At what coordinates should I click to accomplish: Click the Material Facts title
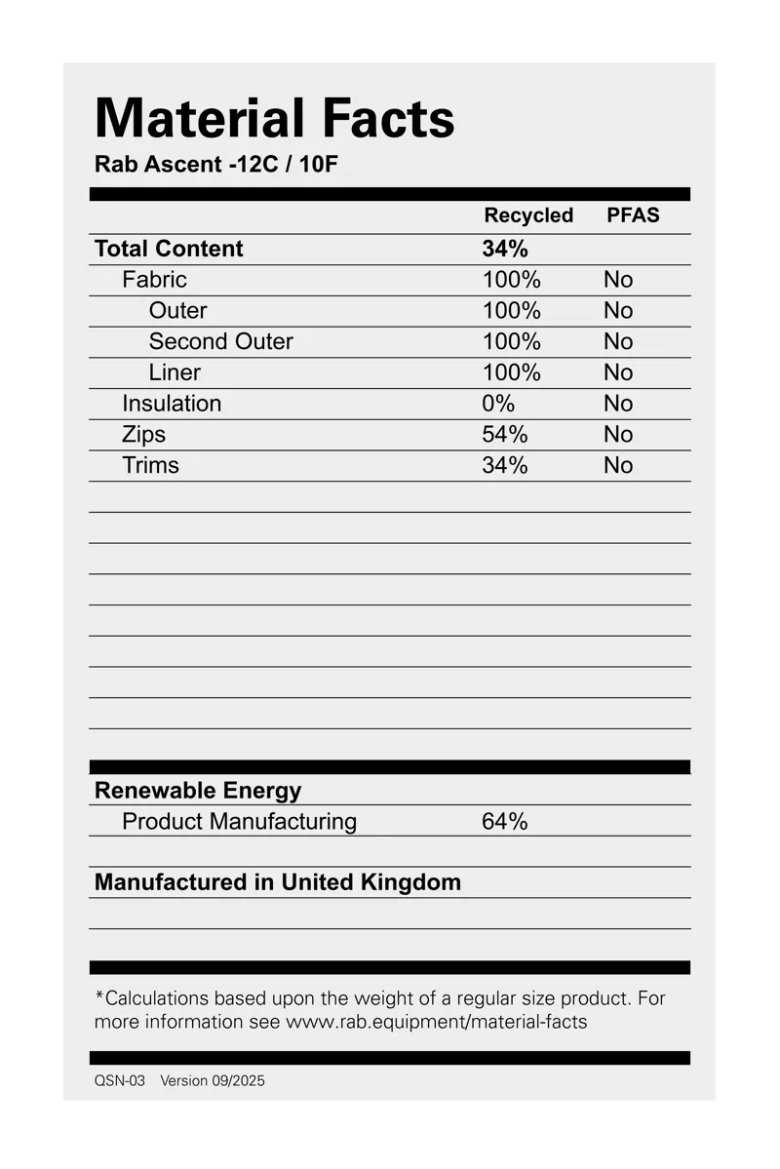(x=274, y=119)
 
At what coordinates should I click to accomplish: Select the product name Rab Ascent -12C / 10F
(x=215, y=164)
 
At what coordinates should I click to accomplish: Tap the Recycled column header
(x=528, y=215)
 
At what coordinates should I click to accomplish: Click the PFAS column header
(x=633, y=215)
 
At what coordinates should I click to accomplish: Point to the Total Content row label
(x=169, y=249)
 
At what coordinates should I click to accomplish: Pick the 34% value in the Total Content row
(x=505, y=249)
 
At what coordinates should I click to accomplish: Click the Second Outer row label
(x=220, y=341)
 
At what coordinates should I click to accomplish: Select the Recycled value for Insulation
(x=498, y=404)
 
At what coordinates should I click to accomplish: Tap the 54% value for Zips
(x=505, y=435)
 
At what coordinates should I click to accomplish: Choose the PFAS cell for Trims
(x=618, y=466)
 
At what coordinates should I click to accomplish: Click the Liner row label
(x=175, y=372)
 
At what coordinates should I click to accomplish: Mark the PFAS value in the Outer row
(x=618, y=311)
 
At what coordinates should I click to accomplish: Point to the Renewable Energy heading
(x=198, y=791)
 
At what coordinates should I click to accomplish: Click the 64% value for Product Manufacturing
(x=505, y=822)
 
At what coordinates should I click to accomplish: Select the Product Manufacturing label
(x=239, y=822)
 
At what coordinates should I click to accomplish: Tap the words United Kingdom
(x=371, y=882)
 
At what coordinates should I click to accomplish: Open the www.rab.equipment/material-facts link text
(x=436, y=1023)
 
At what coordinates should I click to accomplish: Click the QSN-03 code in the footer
(x=120, y=1081)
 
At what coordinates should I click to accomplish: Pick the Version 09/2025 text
(x=213, y=1081)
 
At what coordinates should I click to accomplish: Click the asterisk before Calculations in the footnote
(x=99, y=995)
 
